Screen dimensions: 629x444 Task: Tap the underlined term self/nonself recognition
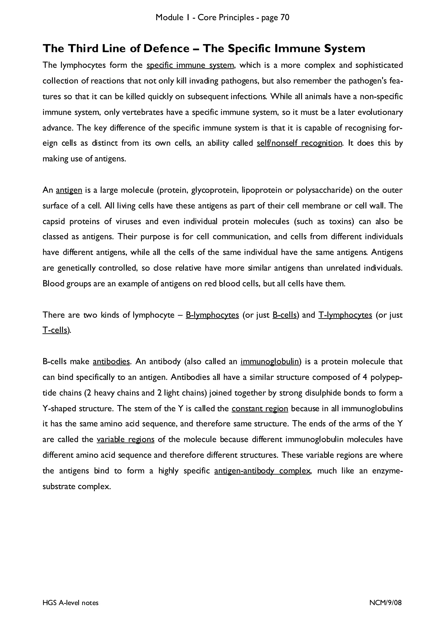coord(299,143)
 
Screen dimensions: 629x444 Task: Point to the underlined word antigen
coord(69,190)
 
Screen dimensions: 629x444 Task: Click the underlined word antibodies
coord(111,362)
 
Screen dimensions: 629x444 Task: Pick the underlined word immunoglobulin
coord(269,362)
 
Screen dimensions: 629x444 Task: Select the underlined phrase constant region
coord(260,408)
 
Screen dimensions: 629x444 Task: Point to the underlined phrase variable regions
coord(126,440)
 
